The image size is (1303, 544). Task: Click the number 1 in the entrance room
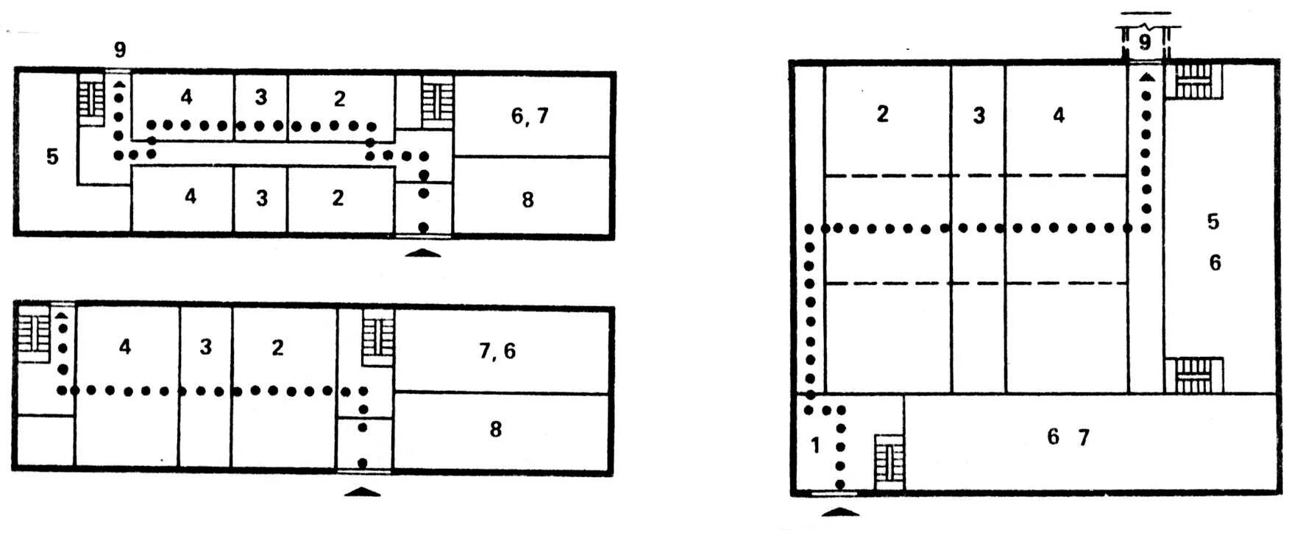coord(814,445)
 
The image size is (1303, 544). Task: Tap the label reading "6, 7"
coord(530,116)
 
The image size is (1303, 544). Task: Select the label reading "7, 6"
coord(497,351)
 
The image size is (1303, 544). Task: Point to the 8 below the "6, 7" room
coord(528,199)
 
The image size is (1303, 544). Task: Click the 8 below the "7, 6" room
coord(496,429)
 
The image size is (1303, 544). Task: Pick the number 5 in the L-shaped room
coord(52,157)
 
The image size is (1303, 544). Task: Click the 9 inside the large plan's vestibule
coord(1145,42)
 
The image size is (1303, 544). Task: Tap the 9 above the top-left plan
coord(120,49)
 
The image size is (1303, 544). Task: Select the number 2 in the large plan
coord(883,113)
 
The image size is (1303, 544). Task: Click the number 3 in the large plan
coord(979,116)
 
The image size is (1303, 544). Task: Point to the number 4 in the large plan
coord(1059,114)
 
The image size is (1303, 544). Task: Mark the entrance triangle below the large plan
coord(839,511)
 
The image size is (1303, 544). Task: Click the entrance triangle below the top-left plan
coord(423,252)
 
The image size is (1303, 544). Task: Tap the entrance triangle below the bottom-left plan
coord(363,491)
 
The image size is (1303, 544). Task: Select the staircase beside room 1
coord(889,462)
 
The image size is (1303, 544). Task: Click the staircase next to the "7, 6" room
coord(378,337)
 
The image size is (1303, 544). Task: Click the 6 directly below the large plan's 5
coord(1215,262)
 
